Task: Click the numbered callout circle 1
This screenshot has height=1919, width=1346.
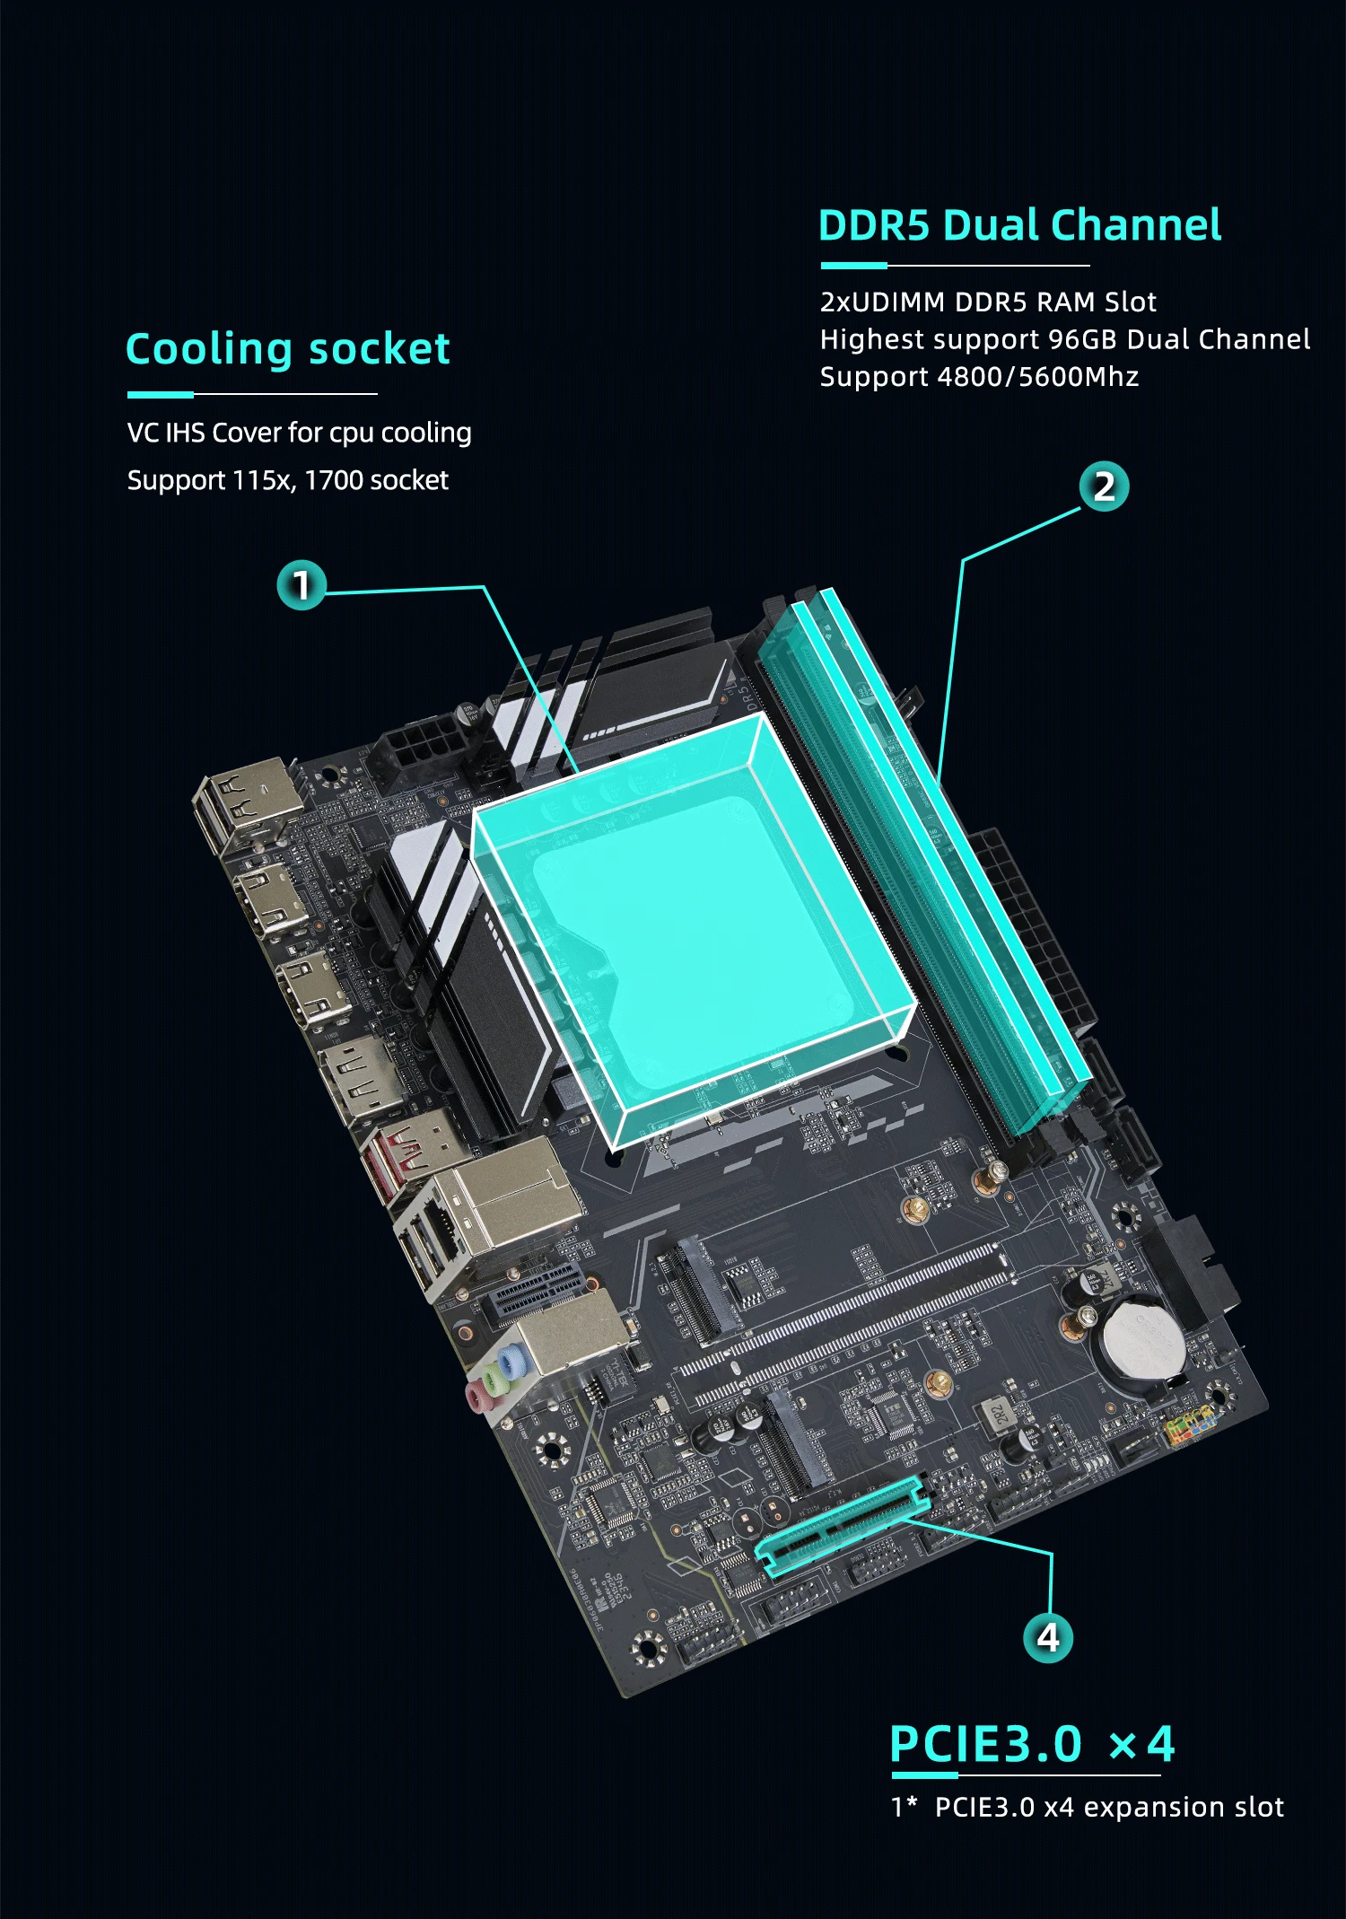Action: (301, 585)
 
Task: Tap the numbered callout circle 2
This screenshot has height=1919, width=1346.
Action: (1104, 486)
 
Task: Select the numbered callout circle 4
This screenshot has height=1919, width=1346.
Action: (1048, 1638)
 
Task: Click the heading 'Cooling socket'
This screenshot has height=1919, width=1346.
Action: (287, 349)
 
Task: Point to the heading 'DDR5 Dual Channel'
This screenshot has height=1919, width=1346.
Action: (1019, 225)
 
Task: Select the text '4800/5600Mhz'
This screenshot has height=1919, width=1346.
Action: (1037, 377)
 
